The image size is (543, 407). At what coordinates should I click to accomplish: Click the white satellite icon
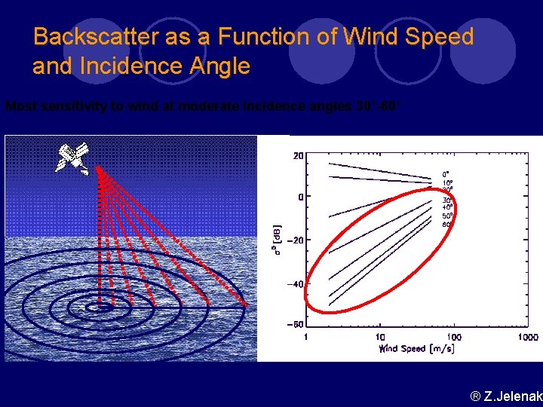[72, 157]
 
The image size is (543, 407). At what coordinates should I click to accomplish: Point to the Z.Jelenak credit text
[505, 396]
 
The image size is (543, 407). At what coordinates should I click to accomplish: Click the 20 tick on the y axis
[298, 156]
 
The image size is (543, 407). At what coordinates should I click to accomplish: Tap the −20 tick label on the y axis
[293, 240]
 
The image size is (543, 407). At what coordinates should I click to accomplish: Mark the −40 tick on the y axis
[293, 284]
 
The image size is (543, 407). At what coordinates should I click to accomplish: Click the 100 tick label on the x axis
[455, 337]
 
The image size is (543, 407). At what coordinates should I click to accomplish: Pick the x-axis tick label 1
[306, 337]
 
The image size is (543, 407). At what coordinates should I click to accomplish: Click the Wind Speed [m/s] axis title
[417, 349]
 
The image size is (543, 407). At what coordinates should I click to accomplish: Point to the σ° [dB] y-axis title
[277, 240]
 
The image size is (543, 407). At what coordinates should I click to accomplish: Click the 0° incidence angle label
[446, 174]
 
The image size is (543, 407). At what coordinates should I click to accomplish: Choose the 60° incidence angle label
[446, 224]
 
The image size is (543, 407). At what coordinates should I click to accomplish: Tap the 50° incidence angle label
[447, 216]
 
